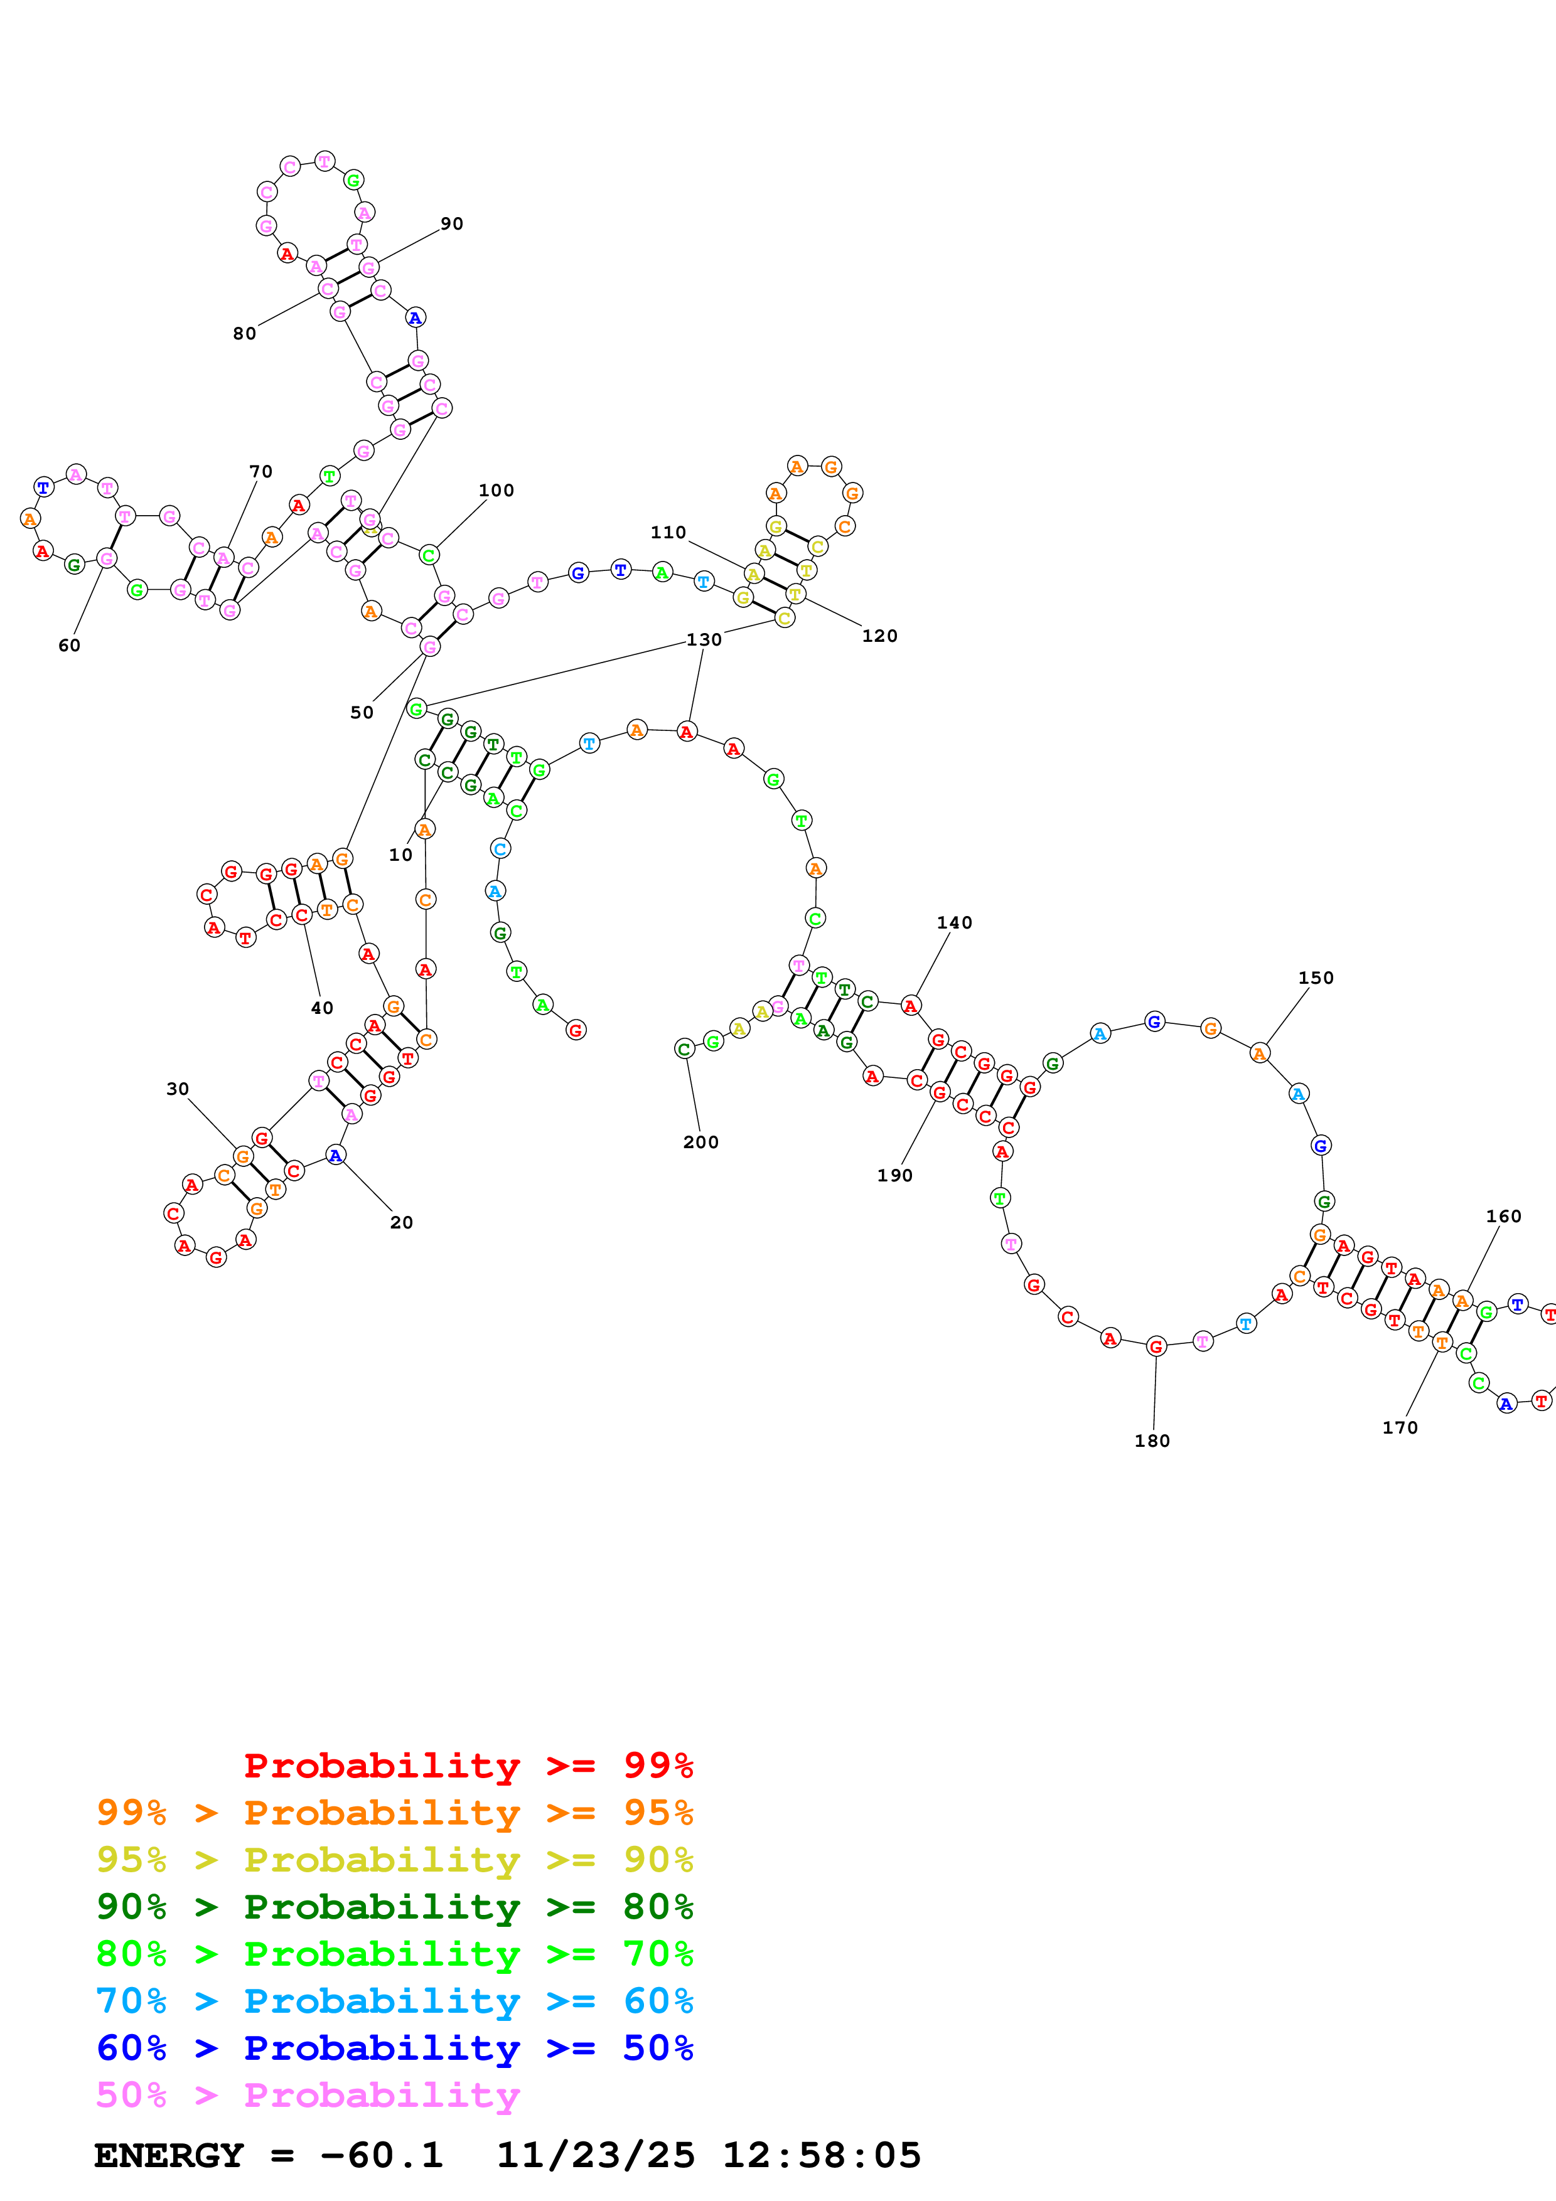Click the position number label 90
(451, 223)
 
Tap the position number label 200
(701, 1142)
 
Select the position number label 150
(1316, 978)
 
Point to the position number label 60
(69, 645)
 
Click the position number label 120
(879, 636)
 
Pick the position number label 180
(1151, 1441)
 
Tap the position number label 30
(178, 1089)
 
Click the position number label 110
(668, 532)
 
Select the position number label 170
(1400, 1427)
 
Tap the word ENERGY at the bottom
(169, 2156)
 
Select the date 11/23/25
(596, 2156)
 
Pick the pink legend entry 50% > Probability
(308, 2096)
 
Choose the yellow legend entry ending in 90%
(394, 1860)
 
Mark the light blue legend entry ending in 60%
(394, 2001)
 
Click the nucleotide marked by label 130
(687, 732)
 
